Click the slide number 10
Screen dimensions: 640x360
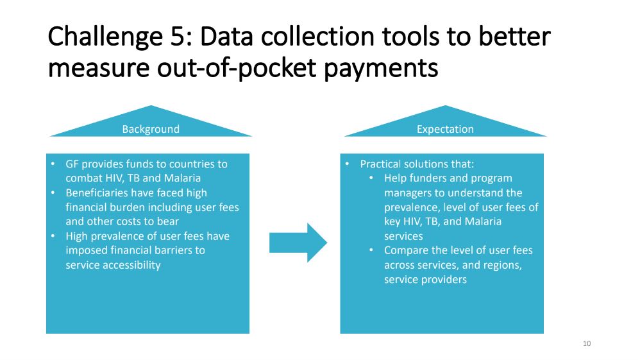pyautogui.click(x=587, y=344)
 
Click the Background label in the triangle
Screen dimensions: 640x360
pyautogui.click(x=151, y=129)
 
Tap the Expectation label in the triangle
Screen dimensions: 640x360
pyautogui.click(x=445, y=129)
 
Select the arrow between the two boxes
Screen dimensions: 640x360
pyautogui.click(x=298, y=243)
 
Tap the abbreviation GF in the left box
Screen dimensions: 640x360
pyautogui.click(x=72, y=164)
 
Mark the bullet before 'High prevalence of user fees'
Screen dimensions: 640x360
pyautogui.click(x=53, y=236)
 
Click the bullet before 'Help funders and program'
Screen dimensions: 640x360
pyautogui.click(x=371, y=178)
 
